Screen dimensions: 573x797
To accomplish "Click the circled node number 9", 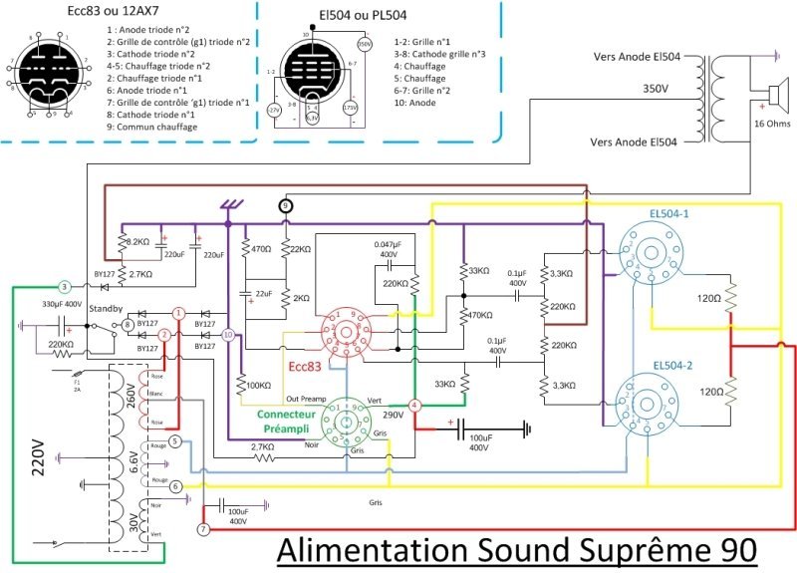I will [x=287, y=205].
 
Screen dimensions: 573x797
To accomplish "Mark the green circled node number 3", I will [x=64, y=286].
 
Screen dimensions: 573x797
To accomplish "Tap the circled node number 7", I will [x=204, y=528].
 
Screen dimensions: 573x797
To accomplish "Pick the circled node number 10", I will [x=228, y=336].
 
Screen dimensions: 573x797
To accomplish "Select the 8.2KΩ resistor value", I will [x=135, y=241].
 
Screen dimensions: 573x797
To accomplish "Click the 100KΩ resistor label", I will [x=256, y=385].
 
